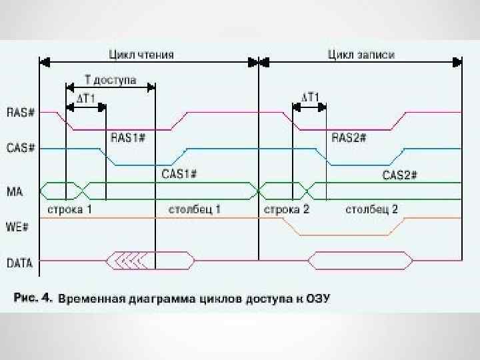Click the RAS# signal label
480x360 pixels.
[20, 112]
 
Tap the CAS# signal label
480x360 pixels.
[20, 148]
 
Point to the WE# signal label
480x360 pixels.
[18, 226]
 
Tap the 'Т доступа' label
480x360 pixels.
[110, 80]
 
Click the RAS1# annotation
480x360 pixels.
[128, 137]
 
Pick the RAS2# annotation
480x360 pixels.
[349, 137]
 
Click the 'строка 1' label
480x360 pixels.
[69, 209]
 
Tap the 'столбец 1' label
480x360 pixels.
[195, 209]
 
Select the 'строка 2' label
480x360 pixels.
[287, 209]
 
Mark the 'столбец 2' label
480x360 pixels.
[371, 209]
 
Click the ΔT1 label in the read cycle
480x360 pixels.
[87, 98]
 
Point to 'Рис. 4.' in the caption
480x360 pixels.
[33, 298]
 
